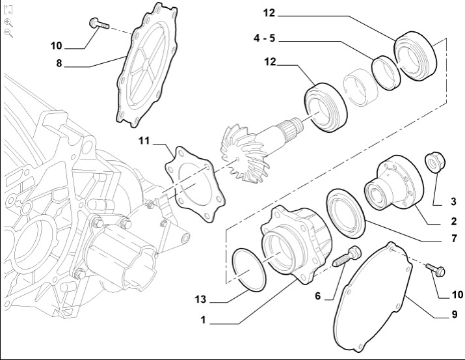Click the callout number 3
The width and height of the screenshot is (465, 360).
point(453,202)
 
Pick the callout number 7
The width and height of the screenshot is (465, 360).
point(453,239)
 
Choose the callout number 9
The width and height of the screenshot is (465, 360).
point(453,315)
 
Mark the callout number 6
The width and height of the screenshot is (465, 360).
point(318,296)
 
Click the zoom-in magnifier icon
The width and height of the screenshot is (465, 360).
point(8,21)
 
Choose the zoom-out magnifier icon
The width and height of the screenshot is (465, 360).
point(8,33)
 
